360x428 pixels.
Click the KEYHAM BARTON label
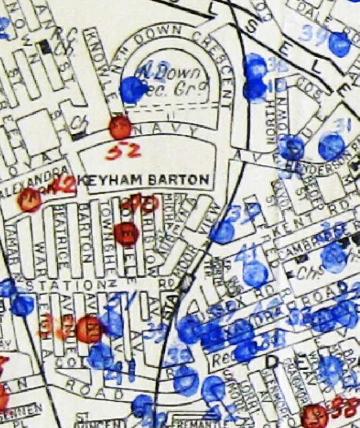pyautogui.click(x=143, y=181)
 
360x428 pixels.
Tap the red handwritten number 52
pyautogui.click(x=122, y=153)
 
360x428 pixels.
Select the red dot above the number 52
pyautogui.click(x=120, y=128)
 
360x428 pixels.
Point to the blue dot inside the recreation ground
pyautogui.click(x=132, y=89)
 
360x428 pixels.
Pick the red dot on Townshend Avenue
pyautogui.click(x=127, y=234)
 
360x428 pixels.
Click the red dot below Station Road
pyautogui.click(x=89, y=329)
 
